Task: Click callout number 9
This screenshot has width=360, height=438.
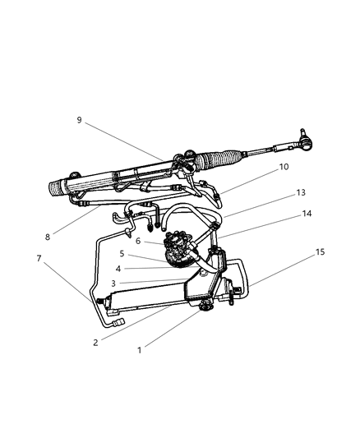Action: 80,119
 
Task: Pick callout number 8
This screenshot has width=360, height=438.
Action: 48,237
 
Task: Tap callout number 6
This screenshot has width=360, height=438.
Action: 138,241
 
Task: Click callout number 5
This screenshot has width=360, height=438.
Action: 122,254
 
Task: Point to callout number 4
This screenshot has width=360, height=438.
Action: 118,268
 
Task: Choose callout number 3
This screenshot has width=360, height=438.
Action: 113,284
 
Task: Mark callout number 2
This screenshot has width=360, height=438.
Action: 95,342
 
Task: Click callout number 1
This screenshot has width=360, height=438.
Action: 140,349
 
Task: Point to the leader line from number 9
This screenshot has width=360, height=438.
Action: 123,140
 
